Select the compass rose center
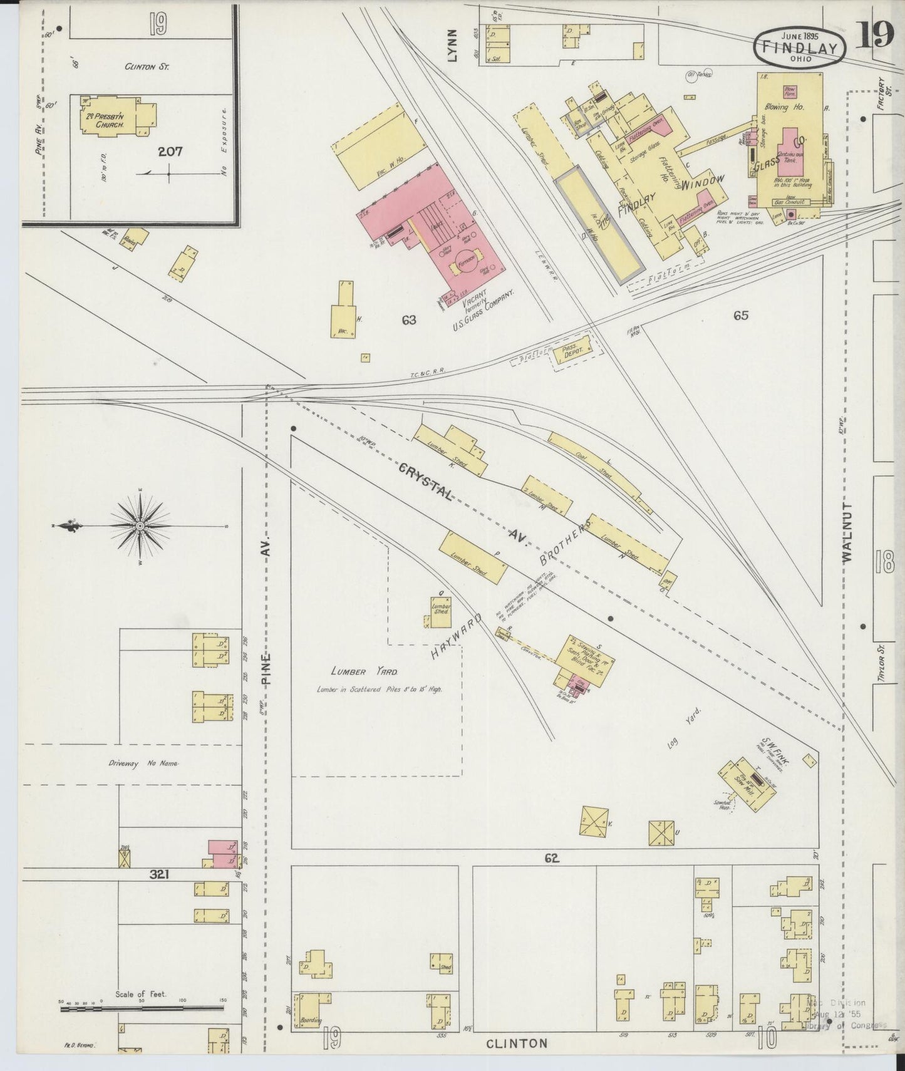pos(140,525)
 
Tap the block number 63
pos(409,320)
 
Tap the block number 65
pos(741,316)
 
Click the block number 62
pos(551,859)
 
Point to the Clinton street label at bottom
pos(517,1043)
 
